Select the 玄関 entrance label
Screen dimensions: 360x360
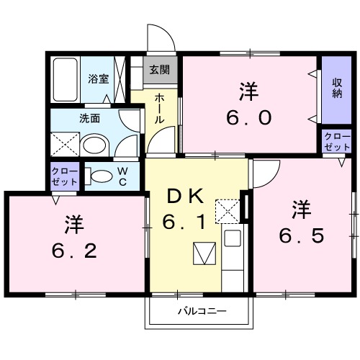point(160,71)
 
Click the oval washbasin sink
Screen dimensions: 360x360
point(93,145)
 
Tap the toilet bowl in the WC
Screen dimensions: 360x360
point(102,174)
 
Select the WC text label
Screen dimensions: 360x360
point(123,174)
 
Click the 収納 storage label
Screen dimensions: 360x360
point(337,89)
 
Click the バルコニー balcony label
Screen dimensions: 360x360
point(202,312)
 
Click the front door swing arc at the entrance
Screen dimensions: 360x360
point(160,37)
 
